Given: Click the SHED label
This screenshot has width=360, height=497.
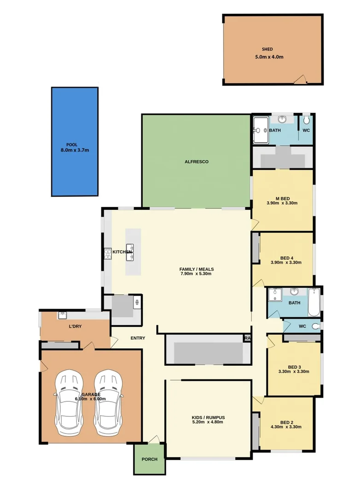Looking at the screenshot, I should click(x=267, y=49).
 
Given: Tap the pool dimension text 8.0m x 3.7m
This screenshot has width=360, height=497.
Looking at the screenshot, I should click(x=75, y=150).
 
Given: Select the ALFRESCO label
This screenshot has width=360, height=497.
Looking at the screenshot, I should click(x=197, y=162).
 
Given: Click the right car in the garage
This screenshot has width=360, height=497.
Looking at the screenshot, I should click(x=109, y=403).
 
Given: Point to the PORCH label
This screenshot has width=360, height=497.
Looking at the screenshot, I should click(x=149, y=459).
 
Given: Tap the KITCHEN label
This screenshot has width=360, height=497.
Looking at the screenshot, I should click(x=122, y=252).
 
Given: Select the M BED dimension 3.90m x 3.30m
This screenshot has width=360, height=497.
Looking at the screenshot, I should click(x=282, y=203).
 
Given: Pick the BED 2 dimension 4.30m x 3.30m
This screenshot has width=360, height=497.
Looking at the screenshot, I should click(x=286, y=427).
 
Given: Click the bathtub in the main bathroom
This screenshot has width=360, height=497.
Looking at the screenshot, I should click(x=314, y=302).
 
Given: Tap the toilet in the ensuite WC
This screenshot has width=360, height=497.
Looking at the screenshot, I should click(x=307, y=121).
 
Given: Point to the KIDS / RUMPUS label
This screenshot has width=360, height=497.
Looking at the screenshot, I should click(x=208, y=418).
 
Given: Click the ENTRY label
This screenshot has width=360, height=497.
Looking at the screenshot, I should click(x=138, y=338).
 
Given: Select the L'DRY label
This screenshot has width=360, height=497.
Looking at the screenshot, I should click(x=75, y=326).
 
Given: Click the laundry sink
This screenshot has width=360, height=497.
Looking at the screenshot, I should click(x=62, y=315).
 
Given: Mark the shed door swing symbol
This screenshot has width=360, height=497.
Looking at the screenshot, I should click(x=300, y=80).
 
